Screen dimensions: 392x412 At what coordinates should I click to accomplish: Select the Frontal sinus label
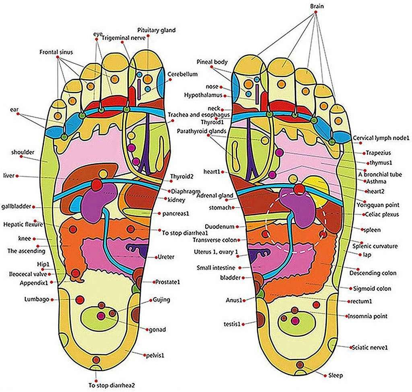coord(56,52)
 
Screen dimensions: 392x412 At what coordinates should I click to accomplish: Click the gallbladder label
coord(16,206)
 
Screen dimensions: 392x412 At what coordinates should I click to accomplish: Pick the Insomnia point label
coord(368,317)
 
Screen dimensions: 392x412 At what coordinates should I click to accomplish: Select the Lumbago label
coord(36,299)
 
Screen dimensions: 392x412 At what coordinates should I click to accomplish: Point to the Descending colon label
coord(370,273)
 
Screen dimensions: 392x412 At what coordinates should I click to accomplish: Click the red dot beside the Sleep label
coord(325,375)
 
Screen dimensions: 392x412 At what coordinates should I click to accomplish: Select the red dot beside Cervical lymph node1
coord(350,138)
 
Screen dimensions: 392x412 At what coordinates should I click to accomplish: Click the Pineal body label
coord(212,62)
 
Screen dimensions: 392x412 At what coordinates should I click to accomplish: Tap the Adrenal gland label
coord(215,196)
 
